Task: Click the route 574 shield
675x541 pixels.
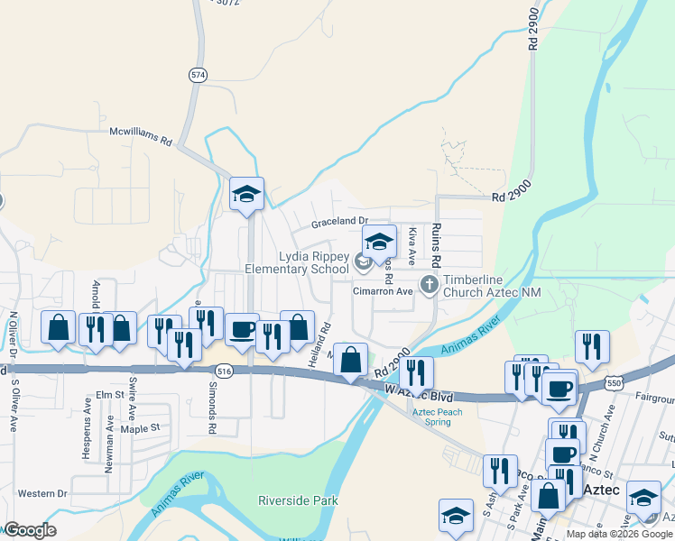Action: click(198, 76)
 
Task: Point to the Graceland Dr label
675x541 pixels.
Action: click(340, 221)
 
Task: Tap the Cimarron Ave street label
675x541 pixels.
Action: click(383, 290)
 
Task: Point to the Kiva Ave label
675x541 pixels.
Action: click(412, 245)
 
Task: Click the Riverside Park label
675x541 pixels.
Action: click(297, 500)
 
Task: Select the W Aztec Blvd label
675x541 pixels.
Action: click(419, 394)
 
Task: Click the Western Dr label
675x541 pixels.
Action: click(42, 493)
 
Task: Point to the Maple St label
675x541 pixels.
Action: click(139, 427)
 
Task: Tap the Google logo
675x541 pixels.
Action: click(30, 530)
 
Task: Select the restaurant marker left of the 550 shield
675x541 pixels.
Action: click(591, 347)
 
